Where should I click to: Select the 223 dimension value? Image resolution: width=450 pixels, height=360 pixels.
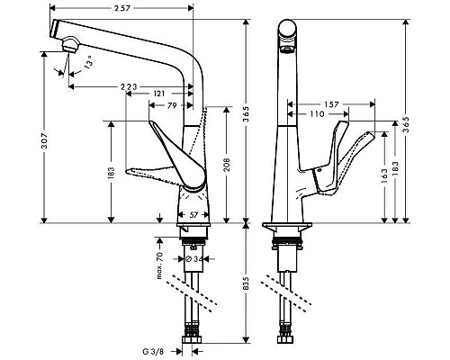coord(130,86)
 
